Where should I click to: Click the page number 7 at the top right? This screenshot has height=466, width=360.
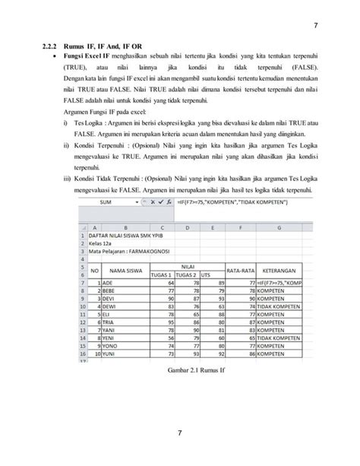(314, 28)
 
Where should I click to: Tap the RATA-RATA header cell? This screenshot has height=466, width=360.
(235, 269)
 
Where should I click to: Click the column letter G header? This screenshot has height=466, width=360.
(279, 227)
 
